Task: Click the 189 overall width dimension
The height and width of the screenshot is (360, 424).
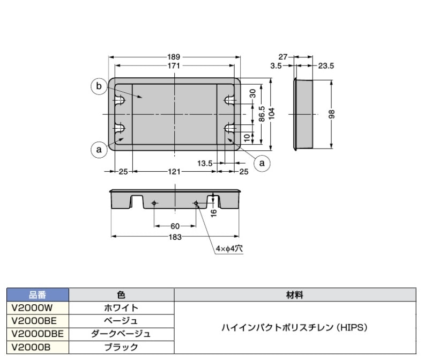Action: (175, 57)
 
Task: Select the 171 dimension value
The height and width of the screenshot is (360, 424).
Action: (175, 65)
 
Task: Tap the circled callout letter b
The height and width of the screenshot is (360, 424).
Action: (99, 86)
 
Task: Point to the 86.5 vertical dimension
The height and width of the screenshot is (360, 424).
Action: (262, 114)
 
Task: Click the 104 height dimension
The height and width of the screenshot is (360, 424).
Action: (272, 113)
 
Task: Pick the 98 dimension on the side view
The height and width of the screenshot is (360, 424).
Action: (332, 114)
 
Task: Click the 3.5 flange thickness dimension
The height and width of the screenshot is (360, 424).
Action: (276, 65)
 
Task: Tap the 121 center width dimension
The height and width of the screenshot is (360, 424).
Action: (175, 171)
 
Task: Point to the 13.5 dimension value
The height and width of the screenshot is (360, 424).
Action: (205, 162)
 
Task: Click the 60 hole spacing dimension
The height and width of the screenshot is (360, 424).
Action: (175, 226)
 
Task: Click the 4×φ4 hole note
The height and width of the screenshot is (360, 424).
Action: (229, 249)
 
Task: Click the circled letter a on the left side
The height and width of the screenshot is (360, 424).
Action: (99, 150)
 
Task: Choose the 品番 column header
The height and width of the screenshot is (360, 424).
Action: (38, 295)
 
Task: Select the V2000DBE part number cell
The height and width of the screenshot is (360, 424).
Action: (38, 334)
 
